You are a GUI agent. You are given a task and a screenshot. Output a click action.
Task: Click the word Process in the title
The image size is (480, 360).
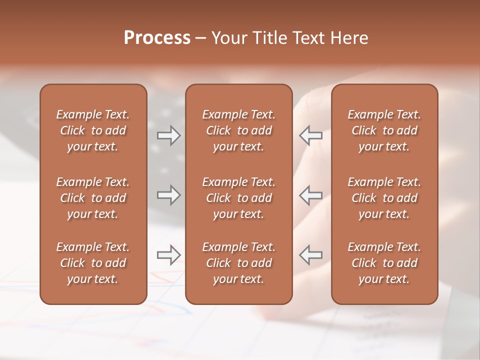point(157,38)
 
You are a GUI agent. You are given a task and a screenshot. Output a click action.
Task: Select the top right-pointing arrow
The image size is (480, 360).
point(168,135)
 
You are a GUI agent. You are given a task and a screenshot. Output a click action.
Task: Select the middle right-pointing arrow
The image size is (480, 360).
point(168,195)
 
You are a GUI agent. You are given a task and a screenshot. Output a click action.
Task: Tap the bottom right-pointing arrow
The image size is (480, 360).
point(168,255)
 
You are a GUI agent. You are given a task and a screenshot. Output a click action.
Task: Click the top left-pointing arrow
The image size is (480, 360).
point(311,135)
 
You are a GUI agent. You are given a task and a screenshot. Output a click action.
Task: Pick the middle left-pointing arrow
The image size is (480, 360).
point(311,195)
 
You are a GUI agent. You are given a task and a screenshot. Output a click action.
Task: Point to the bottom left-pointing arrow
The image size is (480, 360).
point(311,255)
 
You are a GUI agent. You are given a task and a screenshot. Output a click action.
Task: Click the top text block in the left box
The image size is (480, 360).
point(93,130)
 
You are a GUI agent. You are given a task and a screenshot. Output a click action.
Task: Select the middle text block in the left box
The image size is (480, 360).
point(93,198)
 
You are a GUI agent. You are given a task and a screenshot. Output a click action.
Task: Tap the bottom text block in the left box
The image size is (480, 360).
point(93,263)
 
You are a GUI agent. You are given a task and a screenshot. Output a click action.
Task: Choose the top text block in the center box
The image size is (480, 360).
point(239,130)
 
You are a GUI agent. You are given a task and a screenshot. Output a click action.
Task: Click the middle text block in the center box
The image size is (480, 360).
point(239,198)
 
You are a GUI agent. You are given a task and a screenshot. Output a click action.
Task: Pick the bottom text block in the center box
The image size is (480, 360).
point(239,263)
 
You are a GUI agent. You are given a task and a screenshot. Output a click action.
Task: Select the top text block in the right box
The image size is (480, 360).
point(384,130)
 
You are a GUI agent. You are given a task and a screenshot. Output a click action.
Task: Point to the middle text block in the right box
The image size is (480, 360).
point(384,198)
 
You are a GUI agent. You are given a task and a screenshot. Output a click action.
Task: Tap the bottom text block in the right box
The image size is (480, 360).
point(384,263)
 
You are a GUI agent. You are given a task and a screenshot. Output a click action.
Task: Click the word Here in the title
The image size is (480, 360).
point(349,38)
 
